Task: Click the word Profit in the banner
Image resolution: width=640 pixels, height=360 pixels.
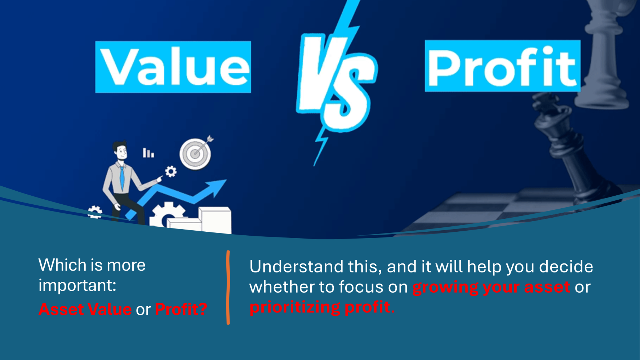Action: pos(502,66)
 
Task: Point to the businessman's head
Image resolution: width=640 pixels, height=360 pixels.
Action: pos(120,151)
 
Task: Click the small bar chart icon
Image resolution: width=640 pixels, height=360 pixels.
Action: pos(148,153)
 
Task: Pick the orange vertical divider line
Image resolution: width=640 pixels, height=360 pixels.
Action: pos(228,287)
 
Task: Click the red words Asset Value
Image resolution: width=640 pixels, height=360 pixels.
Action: pos(85,309)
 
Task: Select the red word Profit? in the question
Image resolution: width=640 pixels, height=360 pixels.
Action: pos(181,309)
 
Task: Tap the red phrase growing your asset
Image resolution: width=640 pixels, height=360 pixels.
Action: pos(491,287)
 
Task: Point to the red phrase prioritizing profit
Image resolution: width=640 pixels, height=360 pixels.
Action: pos(322,307)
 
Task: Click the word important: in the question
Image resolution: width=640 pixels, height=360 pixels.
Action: pos(77,286)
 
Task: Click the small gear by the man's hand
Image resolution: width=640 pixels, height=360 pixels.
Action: pos(171,172)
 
